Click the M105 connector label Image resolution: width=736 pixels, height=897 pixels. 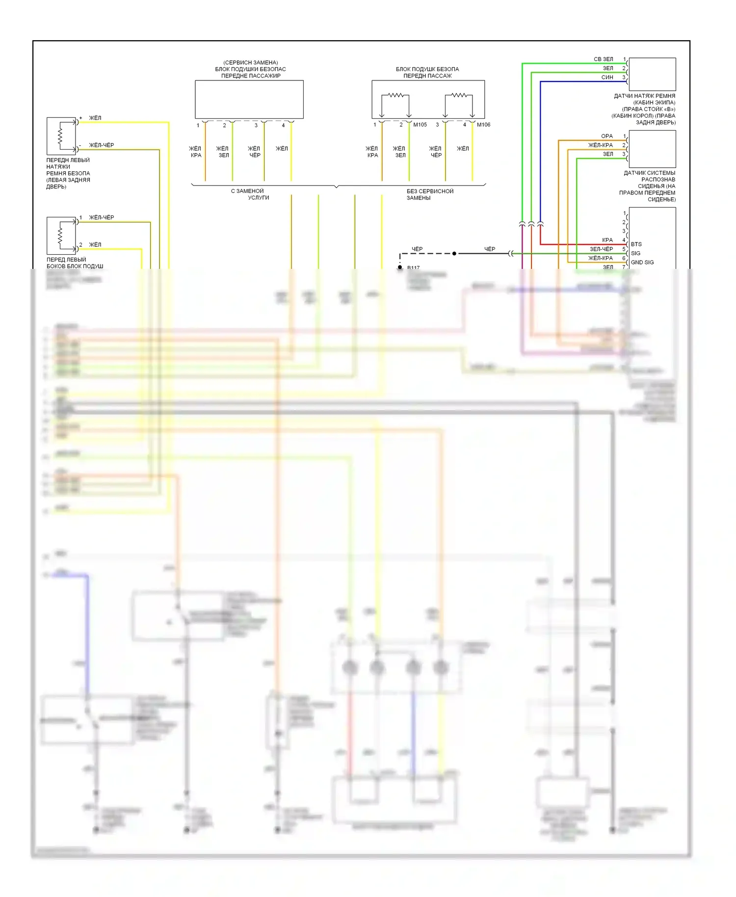[x=420, y=125]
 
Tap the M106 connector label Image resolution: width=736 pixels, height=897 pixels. [x=483, y=125]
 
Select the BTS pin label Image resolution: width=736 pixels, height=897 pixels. [x=636, y=244]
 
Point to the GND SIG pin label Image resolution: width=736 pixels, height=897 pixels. [x=642, y=262]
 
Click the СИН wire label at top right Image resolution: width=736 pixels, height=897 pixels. [x=607, y=77]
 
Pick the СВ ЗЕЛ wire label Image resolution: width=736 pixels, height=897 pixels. [x=604, y=59]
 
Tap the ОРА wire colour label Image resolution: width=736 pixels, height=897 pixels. [x=607, y=136]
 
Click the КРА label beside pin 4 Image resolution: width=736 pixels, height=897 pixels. [x=607, y=240]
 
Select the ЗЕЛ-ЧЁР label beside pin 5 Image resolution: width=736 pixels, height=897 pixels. [x=601, y=249]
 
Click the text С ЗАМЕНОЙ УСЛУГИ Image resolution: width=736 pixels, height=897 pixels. [x=250, y=194]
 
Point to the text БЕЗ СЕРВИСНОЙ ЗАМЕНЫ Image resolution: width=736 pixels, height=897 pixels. [x=430, y=194]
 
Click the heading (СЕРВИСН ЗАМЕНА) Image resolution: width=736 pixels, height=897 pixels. [x=250, y=62]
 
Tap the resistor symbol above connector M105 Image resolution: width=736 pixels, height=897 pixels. [x=395, y=95]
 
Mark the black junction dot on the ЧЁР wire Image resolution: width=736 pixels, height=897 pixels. [x=454, y=254]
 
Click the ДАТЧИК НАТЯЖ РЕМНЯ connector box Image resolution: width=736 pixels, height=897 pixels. [x=652, y=74]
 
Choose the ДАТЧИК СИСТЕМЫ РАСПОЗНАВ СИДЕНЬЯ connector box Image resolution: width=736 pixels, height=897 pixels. [x=652, y=149]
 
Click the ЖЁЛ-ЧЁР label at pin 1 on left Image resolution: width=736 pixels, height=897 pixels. [x=101, y=217]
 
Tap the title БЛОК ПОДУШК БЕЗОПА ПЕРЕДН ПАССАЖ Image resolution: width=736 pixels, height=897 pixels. [x=427, y=72]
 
